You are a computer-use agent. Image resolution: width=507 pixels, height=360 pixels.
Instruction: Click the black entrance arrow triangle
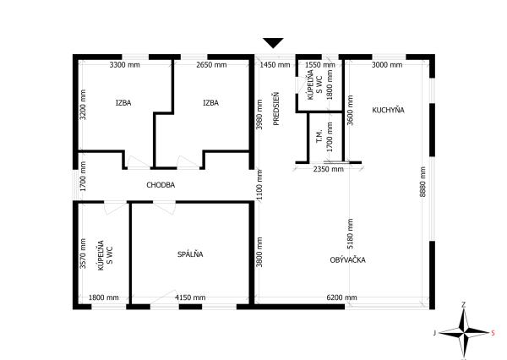pos(273,43)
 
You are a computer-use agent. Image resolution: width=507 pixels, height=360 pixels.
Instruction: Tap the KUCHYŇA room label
pos(388,110)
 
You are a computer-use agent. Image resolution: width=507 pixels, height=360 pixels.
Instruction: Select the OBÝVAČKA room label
pos(347,259)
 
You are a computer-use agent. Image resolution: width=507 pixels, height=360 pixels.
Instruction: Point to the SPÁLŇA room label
pos(190,254)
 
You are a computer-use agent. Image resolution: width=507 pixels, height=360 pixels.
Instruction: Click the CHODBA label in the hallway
pos(161,185)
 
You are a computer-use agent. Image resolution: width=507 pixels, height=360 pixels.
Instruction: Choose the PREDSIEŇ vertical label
pos(275,109)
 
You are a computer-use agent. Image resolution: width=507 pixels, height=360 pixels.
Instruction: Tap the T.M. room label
pos(319,137)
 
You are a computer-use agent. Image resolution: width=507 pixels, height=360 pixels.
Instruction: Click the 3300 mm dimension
pos(124,65)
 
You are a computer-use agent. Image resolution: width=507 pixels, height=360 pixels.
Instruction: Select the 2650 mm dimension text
pos(211,65)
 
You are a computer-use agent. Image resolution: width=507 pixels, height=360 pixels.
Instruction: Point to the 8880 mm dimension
pos(422,182)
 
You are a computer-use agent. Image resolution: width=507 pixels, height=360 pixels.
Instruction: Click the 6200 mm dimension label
pos(341,297)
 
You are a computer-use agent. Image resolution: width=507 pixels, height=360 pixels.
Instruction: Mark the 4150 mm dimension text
pos(190,297)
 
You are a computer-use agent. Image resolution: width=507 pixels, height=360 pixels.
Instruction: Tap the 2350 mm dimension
pos(329,169)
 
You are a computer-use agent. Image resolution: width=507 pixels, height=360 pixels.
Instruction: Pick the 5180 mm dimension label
pos(350,234)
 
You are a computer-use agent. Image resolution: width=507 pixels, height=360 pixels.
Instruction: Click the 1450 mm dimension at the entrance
pos(275,65)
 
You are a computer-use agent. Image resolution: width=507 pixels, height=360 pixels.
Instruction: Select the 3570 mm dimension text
pos(83,254)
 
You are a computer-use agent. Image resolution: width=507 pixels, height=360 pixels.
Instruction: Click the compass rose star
pos(464,332)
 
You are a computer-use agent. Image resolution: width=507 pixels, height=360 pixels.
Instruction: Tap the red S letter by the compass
pos(493,333)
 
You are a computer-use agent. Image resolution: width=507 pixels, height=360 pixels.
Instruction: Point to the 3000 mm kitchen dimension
pos(387,65)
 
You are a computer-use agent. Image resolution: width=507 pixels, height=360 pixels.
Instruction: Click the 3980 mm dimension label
pos(259,114)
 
